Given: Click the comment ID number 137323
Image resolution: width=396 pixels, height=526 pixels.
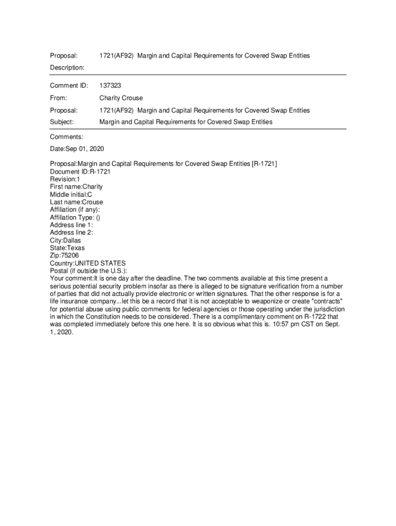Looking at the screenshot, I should [x=110, y=85].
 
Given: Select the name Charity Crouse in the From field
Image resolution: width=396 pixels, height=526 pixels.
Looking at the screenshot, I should [x=121, y=98].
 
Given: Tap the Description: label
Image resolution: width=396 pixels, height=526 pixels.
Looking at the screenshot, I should [x=67, y=68].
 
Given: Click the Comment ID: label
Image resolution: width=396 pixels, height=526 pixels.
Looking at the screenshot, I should [x=69, y=85].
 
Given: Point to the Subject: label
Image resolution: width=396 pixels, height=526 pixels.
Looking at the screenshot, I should [x=62, y=122].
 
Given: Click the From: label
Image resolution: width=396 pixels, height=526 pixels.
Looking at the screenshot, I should [x=59, y=98].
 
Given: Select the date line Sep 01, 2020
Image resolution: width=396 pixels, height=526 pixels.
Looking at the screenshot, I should [x=77, y=149].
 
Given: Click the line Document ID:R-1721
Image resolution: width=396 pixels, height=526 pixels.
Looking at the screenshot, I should [x=80, y=172].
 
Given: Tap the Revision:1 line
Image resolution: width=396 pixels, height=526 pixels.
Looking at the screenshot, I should [x=65, y=179].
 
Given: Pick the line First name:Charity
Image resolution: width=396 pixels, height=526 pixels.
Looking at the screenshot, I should [x=76, y=187].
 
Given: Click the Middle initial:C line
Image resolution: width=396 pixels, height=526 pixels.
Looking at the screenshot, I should [x=71, y=195].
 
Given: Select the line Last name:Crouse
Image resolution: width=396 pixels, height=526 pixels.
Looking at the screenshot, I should [x=76, y=202].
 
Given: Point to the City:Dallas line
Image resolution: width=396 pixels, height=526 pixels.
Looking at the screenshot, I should [x=65, y=240].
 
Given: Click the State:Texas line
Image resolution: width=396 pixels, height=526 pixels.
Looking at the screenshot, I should [x=67, y=248].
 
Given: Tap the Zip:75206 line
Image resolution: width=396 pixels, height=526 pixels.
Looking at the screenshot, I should [x=64, y=256].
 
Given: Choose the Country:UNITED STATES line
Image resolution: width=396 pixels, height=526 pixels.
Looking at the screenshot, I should [x=87, y=264].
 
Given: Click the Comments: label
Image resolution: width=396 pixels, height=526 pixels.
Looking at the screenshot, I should [x=66, y=137].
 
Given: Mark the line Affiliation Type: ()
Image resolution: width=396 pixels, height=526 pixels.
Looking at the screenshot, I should [x=75, y=218].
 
